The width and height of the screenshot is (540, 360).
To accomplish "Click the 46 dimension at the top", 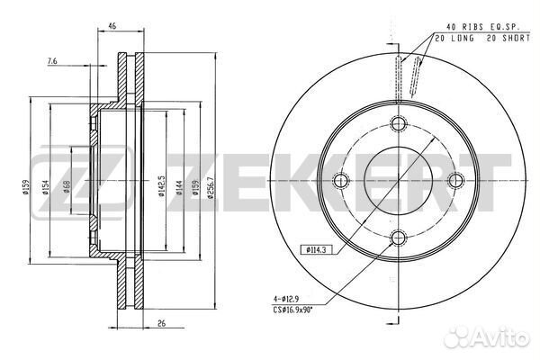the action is click(112, 25).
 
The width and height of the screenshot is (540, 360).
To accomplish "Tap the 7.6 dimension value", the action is click(52, 61).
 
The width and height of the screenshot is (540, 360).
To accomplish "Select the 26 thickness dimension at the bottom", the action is click(161, 323).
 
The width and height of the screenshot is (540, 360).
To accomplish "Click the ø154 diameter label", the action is click(45, 188).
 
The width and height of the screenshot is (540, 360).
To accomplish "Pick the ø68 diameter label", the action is click(67, 187).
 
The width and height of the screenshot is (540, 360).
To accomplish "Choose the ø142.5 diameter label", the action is click(161, 186).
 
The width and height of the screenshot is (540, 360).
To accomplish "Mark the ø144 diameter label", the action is click(179, 188).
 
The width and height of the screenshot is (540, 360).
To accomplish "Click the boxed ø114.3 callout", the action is click(317, 250).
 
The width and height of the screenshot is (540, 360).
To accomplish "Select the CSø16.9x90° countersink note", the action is click(292, 310).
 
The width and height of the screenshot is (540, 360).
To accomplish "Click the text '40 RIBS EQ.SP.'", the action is click(482, 26).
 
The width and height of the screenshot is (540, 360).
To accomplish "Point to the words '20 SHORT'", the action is click(508, 38).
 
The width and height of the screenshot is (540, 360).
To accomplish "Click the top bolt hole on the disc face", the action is click(398, 123).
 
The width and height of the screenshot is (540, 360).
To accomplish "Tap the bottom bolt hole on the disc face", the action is click(399, 237).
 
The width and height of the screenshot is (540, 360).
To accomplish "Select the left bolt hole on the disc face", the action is click(341, 180).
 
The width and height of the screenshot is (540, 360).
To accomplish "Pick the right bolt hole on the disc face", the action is click(455, 180).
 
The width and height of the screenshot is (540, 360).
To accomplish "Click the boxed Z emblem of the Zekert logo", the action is click(81, 183).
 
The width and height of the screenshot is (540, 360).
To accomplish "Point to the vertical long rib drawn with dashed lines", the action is click(398, 78).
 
